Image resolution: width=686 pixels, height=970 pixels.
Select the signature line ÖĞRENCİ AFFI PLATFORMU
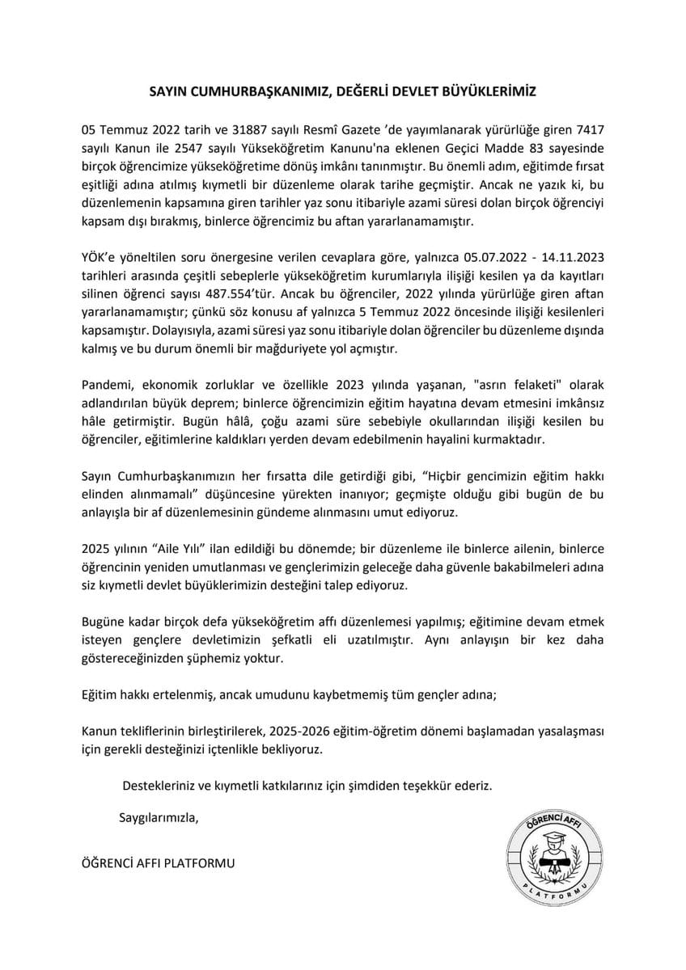point(159,863)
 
